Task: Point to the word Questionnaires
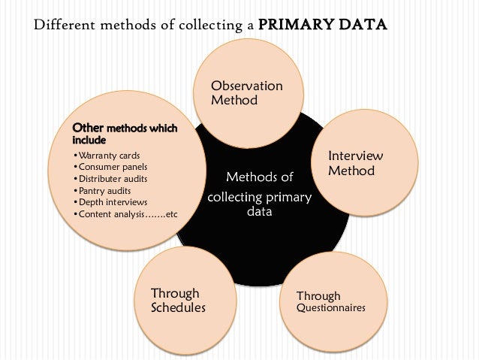pyautogui.click(x=331, y=308)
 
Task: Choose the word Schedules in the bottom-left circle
pyautogui.click(x=178, y=308)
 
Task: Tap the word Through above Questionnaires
pyautogui.click(x=318, y=296)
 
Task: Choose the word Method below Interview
pyautogui.click(x=351, y=171)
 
